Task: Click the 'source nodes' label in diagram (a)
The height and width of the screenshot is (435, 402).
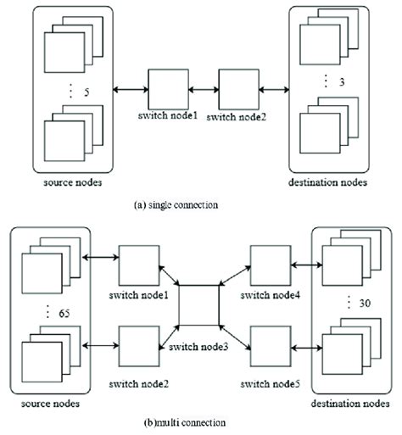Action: click(x=66, y=181)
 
